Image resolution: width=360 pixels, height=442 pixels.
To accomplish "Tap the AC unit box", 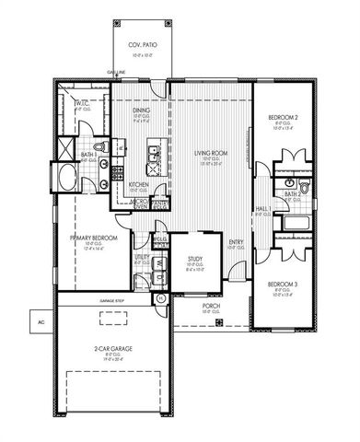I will point(41,322).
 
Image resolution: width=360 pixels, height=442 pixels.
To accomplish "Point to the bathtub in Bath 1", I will point(69,177).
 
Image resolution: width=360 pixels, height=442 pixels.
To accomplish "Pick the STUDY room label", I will point(194,261).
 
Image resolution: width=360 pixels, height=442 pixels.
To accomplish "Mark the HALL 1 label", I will point(263,209).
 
